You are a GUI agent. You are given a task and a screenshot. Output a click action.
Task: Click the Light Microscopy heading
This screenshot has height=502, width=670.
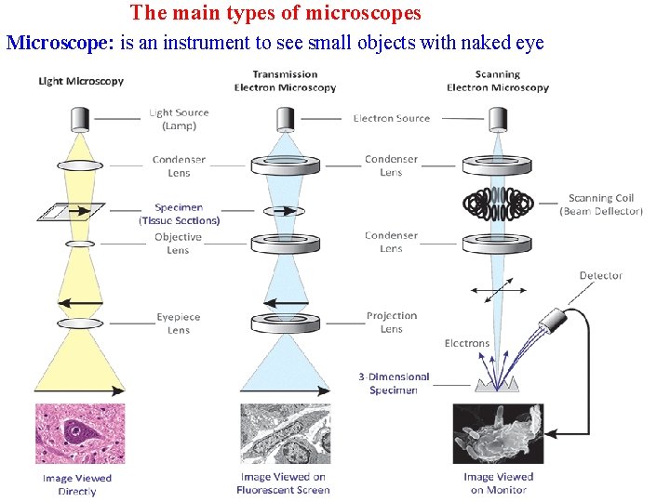pos(80,82)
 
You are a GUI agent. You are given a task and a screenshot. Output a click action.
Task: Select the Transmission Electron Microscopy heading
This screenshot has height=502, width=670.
pos(285,81)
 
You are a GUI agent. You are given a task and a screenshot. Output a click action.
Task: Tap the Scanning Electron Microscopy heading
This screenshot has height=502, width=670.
pos(497,81)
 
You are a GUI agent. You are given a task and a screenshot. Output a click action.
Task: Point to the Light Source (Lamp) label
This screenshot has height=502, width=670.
pos(179,119)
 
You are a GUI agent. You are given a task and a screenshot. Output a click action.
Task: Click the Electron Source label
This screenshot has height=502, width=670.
pos(392,119)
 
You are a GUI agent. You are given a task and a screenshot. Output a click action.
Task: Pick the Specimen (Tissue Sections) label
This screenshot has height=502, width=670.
pos(179,214)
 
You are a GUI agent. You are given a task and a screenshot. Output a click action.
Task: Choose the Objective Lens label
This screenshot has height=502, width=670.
pos(178,244)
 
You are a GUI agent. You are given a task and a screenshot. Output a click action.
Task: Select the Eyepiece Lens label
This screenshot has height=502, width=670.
pos(179,324)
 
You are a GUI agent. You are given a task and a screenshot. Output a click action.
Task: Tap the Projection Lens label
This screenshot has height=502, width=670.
pos(392,323)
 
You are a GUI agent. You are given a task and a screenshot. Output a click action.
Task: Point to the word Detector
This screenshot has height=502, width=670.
pos(600,275)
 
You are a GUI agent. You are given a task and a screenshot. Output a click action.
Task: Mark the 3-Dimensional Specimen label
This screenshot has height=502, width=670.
pos(394,383)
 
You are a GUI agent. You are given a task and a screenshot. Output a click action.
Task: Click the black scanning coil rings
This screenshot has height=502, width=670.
pos(498,202)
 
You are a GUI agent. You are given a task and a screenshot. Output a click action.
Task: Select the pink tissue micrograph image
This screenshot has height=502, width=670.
pos(80,433)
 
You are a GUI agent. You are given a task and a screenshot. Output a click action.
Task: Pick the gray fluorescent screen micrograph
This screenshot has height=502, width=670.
pos(285,433)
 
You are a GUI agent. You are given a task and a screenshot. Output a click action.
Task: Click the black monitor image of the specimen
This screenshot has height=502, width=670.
pos(498,433)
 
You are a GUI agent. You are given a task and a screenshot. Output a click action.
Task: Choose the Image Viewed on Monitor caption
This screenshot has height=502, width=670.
pos(499,483)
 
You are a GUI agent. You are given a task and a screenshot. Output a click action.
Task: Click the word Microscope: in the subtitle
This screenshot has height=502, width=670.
pos(60,43)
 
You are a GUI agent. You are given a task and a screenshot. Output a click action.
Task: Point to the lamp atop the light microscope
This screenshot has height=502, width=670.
pos(80,118)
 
